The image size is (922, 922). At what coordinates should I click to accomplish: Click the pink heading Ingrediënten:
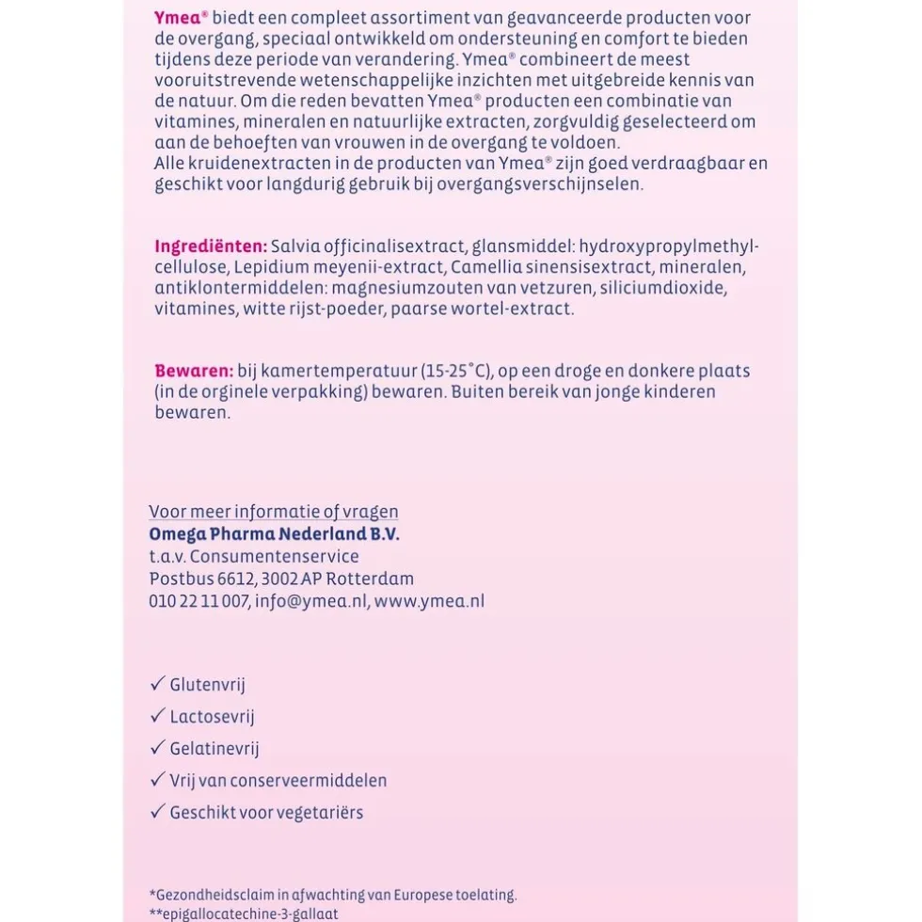(x=211, y=246)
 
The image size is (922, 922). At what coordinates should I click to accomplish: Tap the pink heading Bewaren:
(x=194, y=371)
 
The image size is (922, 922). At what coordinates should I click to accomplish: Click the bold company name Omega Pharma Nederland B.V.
(x=274, y=533)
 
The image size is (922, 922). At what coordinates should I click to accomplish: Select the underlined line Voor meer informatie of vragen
(x=273, y=512)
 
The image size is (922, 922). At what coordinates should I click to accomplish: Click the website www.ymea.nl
(x=429, y=601)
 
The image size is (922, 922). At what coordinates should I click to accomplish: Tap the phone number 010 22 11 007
(x=199, y=601)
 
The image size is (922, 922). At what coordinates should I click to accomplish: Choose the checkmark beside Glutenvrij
(x=157, y=684)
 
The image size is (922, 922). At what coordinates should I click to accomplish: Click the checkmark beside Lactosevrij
(x=157, y=716)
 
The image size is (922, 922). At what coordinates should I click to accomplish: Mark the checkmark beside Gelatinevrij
(x=157, y=748)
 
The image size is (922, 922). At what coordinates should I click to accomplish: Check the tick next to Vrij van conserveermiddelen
(x=157, y=780)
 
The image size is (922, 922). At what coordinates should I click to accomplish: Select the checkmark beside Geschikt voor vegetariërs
(x=157, y=812)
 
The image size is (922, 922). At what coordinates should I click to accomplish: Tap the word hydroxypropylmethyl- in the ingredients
(x=668, y=246)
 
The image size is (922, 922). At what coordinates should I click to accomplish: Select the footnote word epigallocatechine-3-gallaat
(x=247, y=914)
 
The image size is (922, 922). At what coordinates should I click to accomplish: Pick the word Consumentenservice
(x=274, y=556)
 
